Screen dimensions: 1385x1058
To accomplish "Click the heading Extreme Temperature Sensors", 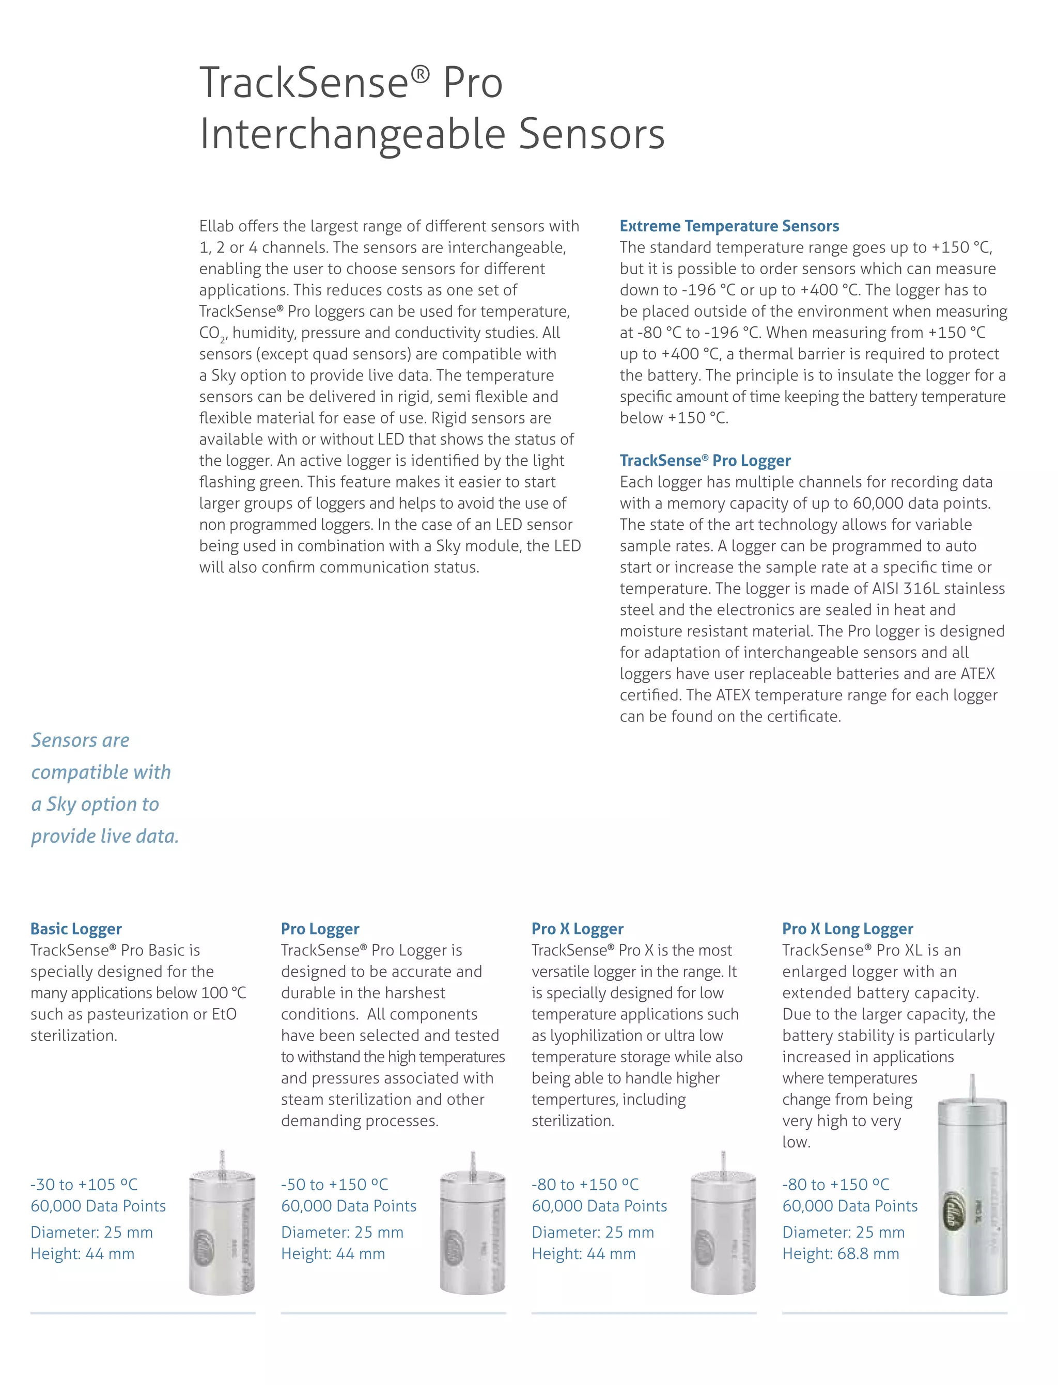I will coord(728,226).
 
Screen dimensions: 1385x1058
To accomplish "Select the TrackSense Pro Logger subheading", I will coord(705,461).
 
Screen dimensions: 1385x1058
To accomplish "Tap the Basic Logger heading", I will coord(76,929).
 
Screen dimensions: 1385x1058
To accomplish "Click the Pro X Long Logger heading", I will coord(847,929).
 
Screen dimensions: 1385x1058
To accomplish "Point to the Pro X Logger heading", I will coord(577,929).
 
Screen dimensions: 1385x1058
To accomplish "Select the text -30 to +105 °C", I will coord(84,1185).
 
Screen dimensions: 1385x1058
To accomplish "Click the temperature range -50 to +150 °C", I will coord(334,1185).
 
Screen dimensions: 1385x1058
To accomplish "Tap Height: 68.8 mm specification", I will coord(840,1254).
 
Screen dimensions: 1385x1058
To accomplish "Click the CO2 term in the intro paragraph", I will coord(210,334).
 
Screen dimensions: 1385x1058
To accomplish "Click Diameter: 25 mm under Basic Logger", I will coord(91,1233).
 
